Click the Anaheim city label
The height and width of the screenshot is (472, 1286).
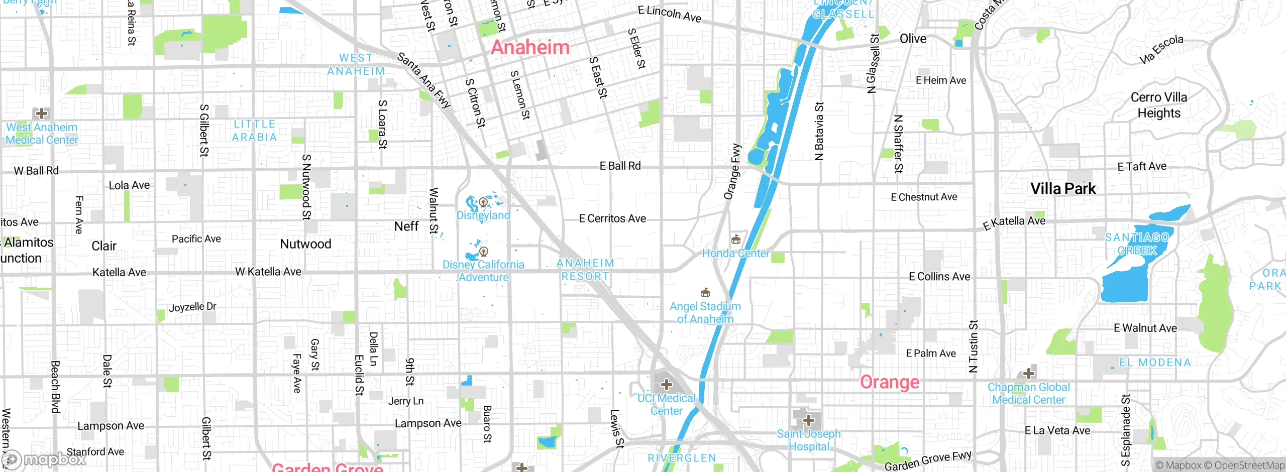pyautogui.click(x=530, y=48)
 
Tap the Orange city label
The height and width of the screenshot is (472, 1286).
pyautogui.click(x=890, y=382)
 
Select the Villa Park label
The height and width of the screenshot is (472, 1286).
pyautogui.click(x=1063, y=189)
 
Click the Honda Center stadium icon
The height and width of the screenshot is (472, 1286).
pyautogui.click(x=736, y=239)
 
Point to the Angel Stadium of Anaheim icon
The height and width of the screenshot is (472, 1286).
pyautogui.click(x=705, y=292)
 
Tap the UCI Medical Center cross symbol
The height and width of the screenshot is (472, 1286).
pyautogui.click(x=666, y=385)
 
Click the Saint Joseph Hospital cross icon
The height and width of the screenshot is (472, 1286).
pyautogui.click(x=808, y=420)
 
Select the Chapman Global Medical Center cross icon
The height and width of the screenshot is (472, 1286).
pyautogui.click(x=1028, y=374)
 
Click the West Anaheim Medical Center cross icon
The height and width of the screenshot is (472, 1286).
pyautogui.click(x=41, y=113)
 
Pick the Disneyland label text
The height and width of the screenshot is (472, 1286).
pyautogui.click(x=483, y=215)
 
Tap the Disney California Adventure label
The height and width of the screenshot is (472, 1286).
pyautogui.click(x=483, y=271)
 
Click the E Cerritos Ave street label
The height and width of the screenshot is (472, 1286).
pyautogui.click(x=612, y=218)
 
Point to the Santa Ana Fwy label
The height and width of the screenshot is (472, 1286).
pyautogui.click(x=424, y=80)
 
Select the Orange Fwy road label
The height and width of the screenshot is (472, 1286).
pyautogui.click(x=732, y=172)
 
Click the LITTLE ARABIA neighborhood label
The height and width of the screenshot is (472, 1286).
pyautogui.click(x=254, y=131)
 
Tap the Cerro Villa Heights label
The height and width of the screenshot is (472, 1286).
pyautogui.click(x=1159, y=105)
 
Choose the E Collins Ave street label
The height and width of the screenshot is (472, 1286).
pyautogui.click(x=939, y=277)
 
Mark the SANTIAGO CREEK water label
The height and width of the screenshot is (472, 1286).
pyautogui.click(x=1137, y=244)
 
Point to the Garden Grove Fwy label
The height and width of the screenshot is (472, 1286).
pyautogui.click(x=928, y=461)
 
